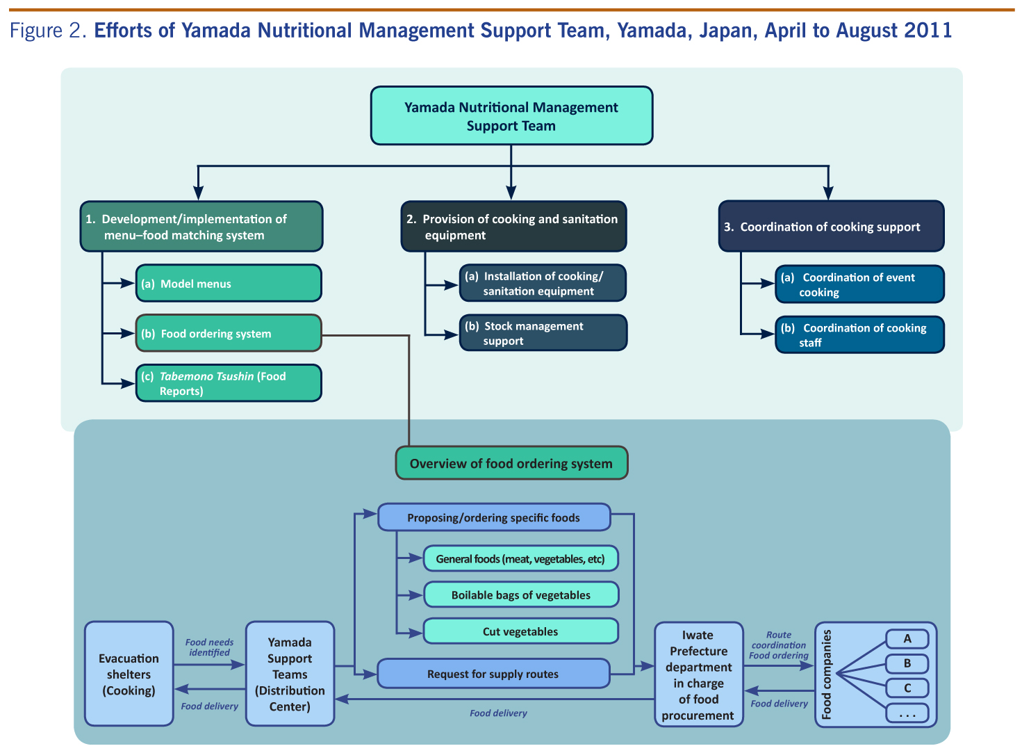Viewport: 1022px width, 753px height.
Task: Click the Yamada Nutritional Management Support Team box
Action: [x=511, y=116]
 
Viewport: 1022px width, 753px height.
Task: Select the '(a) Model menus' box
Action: [x=229, y=284]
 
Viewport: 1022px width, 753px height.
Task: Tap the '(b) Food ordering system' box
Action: [x=229, y=334]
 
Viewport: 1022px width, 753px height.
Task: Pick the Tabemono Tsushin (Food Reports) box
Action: [x=229, y=384]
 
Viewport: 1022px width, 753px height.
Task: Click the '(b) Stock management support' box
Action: [x=543, y=334]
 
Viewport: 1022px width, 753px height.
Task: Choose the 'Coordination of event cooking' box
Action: [x=859, y=284]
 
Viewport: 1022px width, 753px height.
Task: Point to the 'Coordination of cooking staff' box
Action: [x=859, y=335]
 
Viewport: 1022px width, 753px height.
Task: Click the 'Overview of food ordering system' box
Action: [x=511, y=464]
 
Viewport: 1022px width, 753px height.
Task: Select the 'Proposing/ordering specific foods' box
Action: [x=494, y=518]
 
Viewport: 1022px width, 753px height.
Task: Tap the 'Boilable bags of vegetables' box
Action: [x=520, y=595]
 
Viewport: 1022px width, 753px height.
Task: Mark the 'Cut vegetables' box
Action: [x=520, y=631]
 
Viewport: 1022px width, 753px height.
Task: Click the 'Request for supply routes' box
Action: [x=493, y=674]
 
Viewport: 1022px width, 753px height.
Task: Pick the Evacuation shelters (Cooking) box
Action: [x=129, y=674]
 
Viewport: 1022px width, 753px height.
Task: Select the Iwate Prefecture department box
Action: [x=698, y=674]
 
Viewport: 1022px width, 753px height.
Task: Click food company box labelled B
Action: [x=907, y=663]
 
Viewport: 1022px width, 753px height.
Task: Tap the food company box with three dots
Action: [x=907, y=713]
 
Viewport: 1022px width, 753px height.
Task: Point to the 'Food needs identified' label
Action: [x=209, y=647]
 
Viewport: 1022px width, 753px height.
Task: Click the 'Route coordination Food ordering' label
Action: [x=779, y=645]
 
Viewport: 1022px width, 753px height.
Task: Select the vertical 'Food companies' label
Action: [x=827, y=674]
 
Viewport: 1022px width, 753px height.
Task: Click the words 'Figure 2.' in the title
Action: [x=48, y=31]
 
